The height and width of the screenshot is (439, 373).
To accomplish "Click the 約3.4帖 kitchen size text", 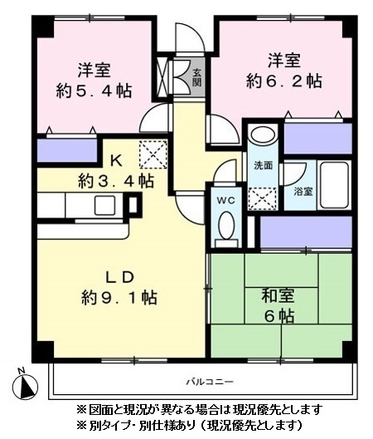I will [116, 178].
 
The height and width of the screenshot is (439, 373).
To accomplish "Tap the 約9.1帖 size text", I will [119, 297].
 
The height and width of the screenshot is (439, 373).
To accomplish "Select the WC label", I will [225, 200].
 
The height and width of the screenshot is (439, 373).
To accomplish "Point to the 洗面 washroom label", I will [264, 164].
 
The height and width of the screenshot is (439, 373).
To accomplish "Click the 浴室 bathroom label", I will [303, 192].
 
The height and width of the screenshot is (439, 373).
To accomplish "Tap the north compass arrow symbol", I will [27, 386].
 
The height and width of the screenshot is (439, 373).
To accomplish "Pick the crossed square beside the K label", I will [153, 154].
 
